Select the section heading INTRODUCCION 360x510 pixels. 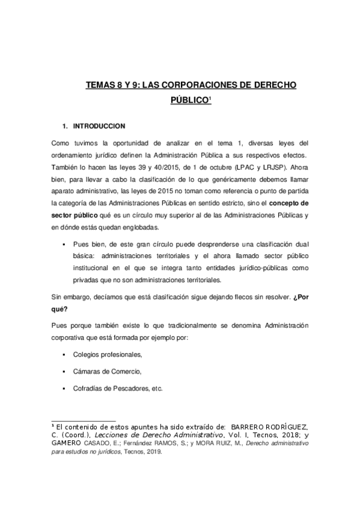(x=99, y=126)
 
